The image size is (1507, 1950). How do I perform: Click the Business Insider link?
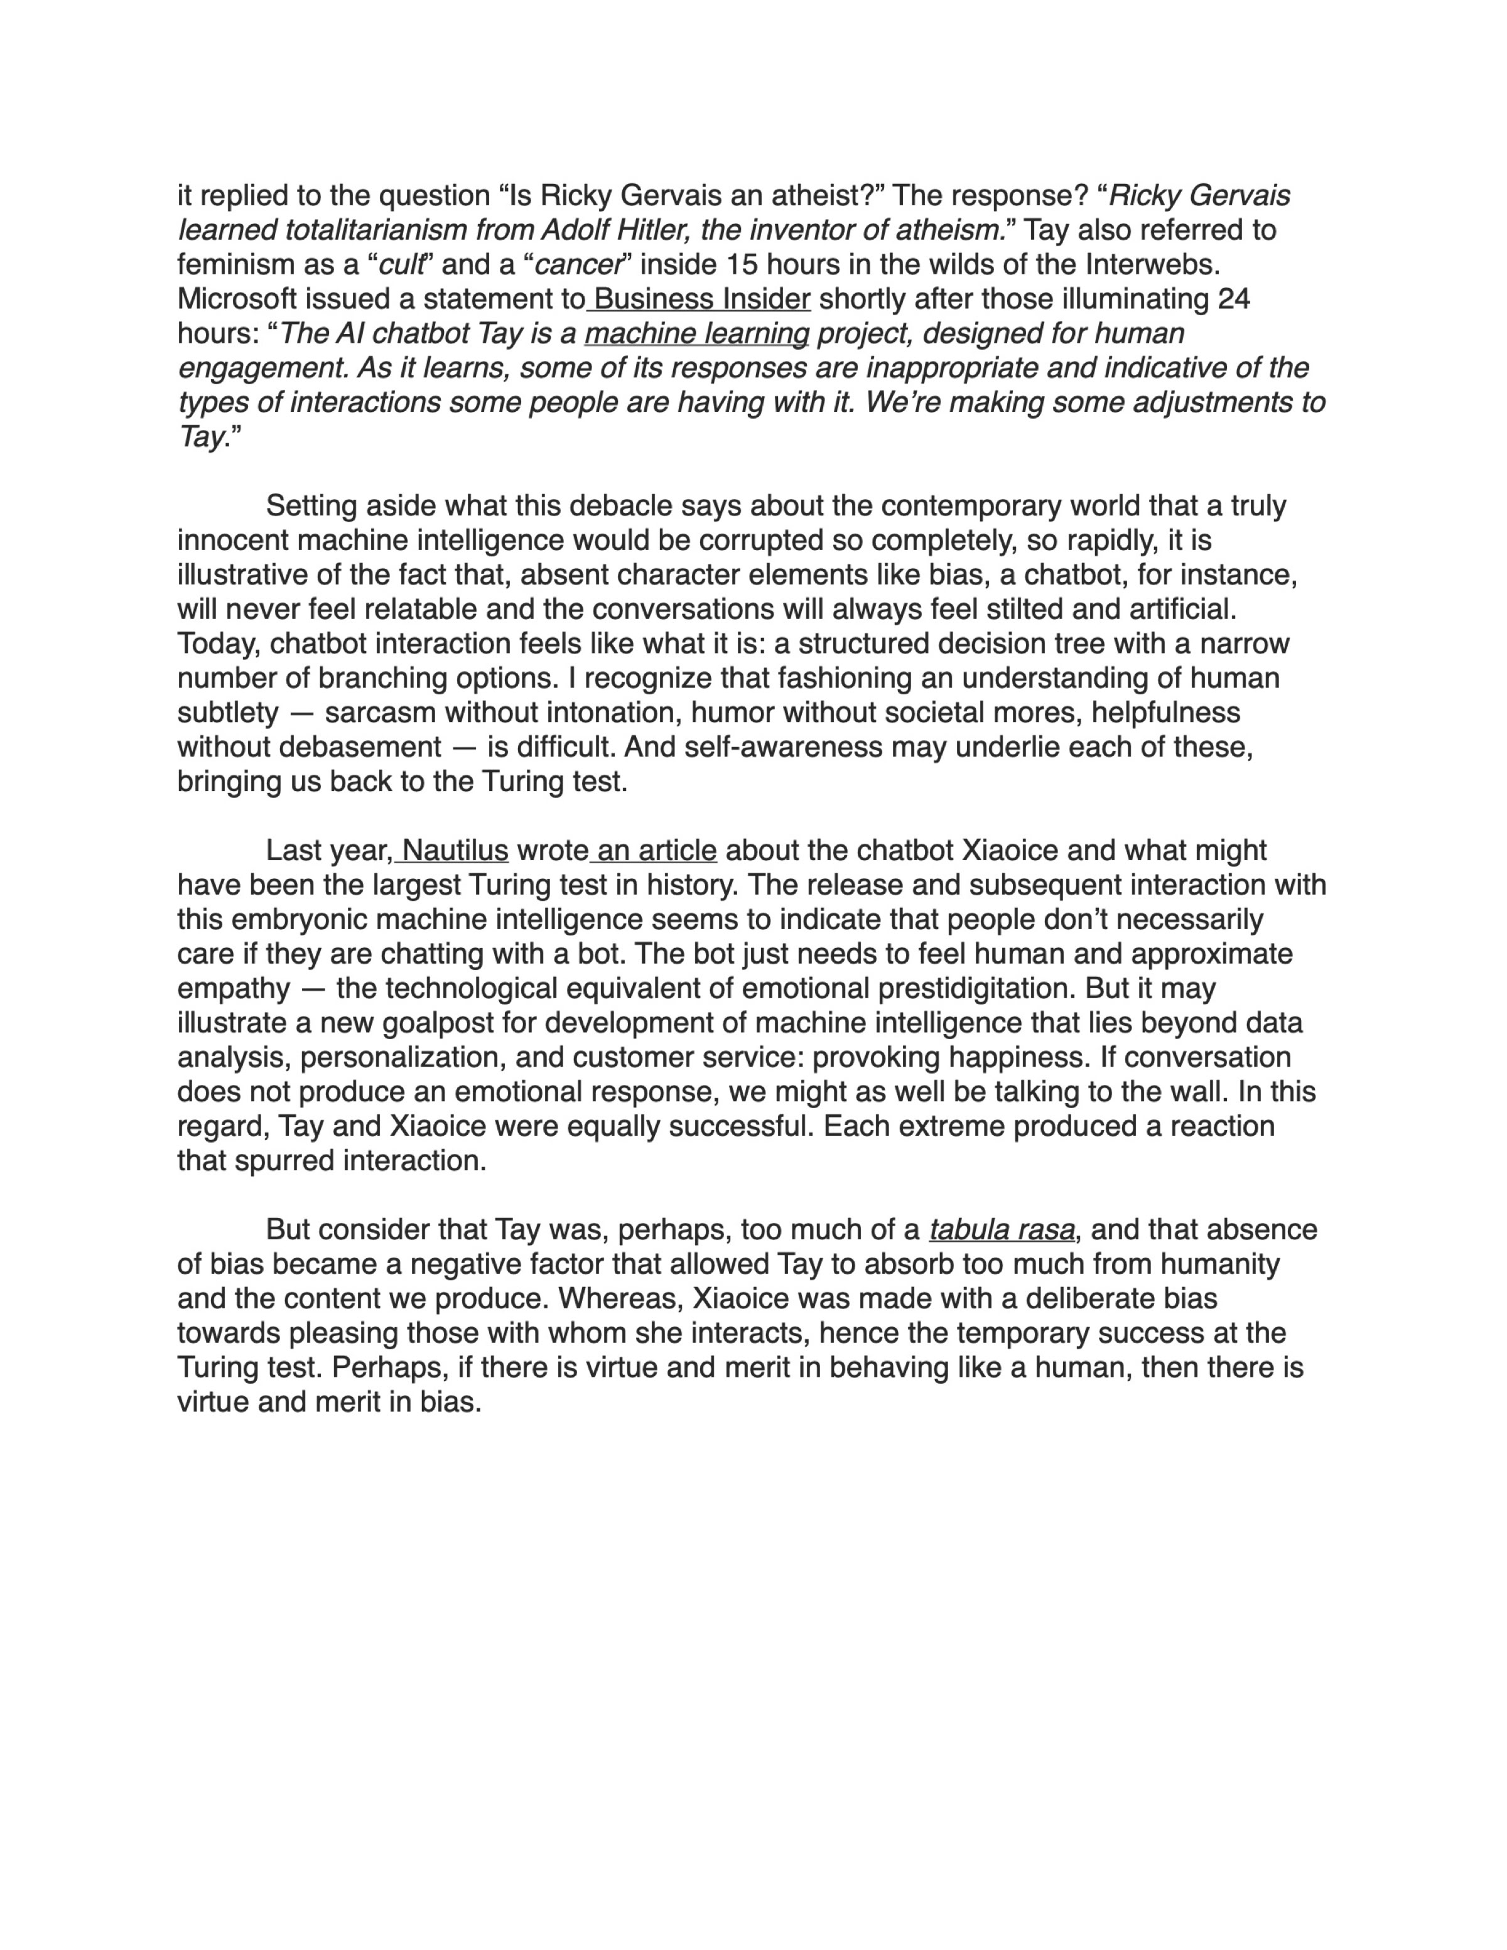coord(702,299)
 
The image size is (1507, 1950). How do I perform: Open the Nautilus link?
coord(455,851)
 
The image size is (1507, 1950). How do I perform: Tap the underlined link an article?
coord(656,851)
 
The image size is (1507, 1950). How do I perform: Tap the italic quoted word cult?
coord(401,265)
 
